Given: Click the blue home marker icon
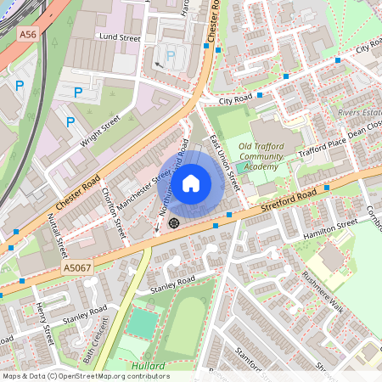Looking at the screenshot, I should [x=191, y=183].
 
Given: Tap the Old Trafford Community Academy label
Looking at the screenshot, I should [x=261, y=157].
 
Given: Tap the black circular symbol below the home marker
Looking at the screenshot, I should [x=174, y=223].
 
